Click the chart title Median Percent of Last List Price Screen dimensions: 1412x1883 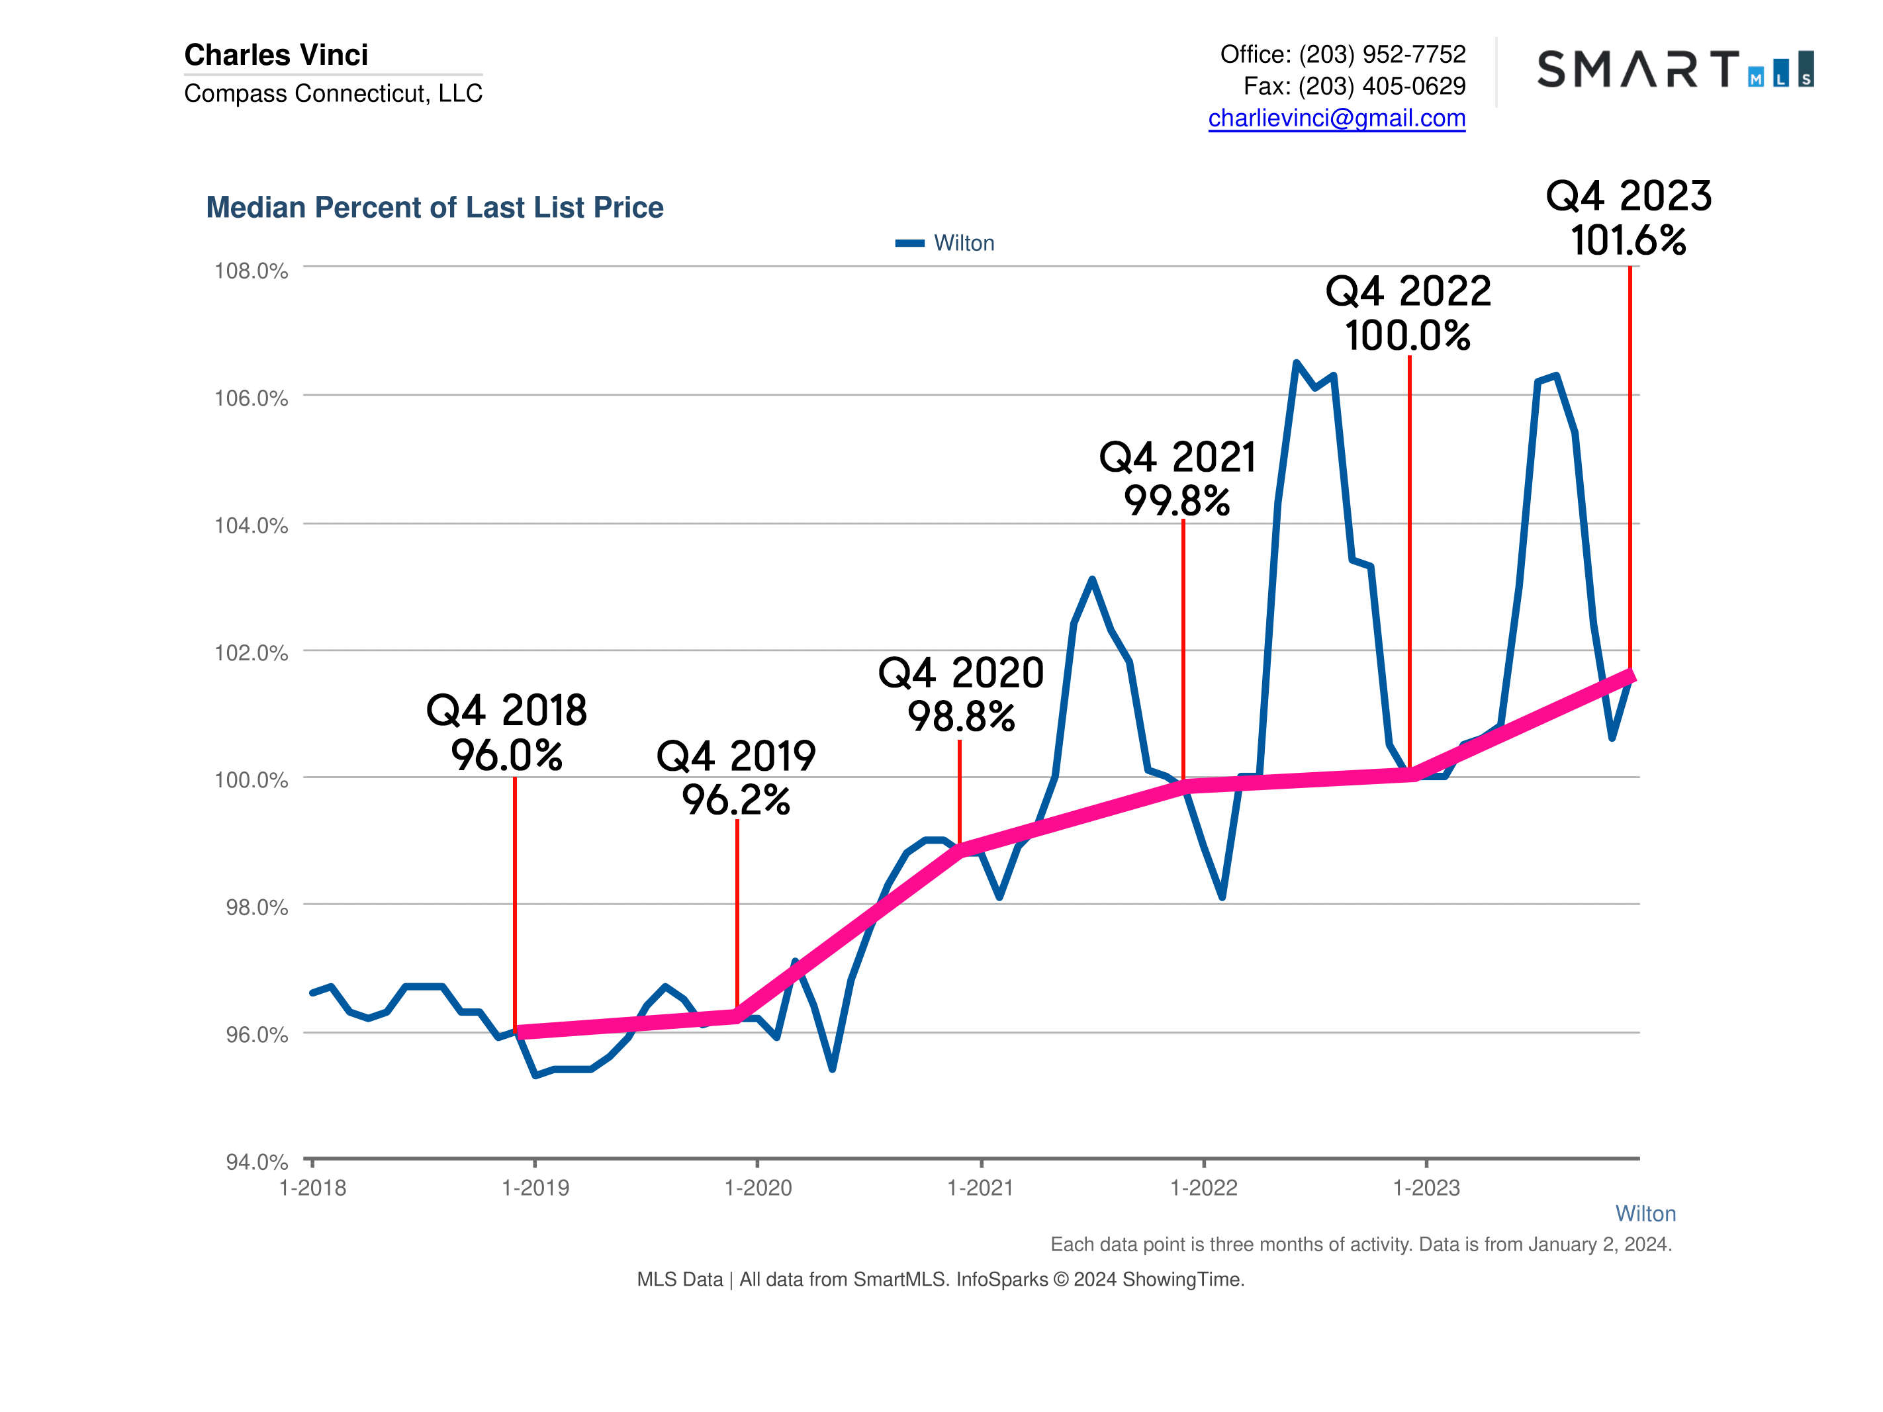coord(434,208)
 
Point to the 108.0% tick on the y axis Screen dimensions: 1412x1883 coord(251,271)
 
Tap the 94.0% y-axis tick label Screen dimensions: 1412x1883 coord(256,1162)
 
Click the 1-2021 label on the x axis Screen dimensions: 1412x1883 coord(981,1188)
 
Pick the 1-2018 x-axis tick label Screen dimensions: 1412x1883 coord(312,1188)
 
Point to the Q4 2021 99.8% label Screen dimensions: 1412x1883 coord(1178,478)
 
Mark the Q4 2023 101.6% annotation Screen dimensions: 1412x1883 coord(1628,218)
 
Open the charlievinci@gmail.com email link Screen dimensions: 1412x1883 coord(1336,118)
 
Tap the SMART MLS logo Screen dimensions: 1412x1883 coord(1675,69)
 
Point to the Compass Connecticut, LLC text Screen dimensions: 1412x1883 coord(333,93)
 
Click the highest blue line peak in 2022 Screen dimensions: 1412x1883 coord(1297,363)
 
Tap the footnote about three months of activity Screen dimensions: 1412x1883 coord(1360,1245)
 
